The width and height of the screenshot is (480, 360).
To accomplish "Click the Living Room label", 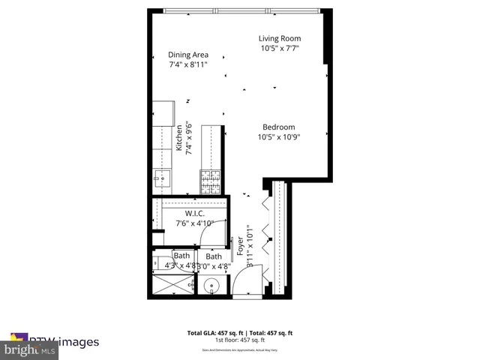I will (279, 39).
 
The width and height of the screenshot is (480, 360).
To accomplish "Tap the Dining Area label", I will (187, 55).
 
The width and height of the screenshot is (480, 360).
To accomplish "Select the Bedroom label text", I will (278, 127).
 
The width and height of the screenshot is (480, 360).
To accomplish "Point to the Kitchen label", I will (179, 138).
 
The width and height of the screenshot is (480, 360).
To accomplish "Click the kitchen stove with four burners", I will (209, 181).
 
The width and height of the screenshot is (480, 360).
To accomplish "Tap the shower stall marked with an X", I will (172, 285).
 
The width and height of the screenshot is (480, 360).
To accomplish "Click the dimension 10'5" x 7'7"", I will (279, 49).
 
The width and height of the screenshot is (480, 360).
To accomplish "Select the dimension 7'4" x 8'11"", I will (187, 64).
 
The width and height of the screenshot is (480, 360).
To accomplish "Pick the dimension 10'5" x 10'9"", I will (278, 136).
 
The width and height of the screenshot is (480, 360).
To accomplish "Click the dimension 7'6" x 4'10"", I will (194, 223).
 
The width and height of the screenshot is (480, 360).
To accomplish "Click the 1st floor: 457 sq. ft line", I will (240, 340).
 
